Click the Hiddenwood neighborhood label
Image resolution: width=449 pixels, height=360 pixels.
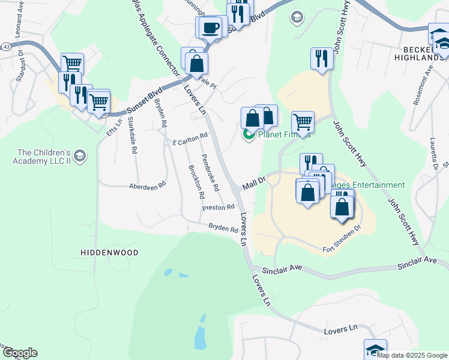click(x=109, y=253)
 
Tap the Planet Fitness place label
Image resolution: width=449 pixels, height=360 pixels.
click(x=284, y=134)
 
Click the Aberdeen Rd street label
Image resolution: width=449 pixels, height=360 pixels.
click(x=147, y=187)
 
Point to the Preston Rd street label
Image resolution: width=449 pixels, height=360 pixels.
click(x=218, y=208)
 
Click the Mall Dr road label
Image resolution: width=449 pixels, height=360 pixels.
click(x=254, y=184)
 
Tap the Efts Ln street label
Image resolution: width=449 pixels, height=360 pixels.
click(x=114, y=125)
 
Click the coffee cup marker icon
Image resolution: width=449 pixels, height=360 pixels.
click(x=209, y=28)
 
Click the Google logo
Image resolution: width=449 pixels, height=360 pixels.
click(x=19, y=353)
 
